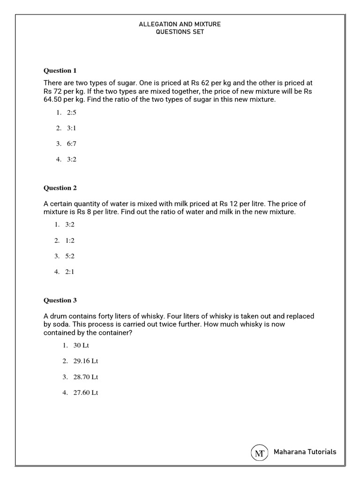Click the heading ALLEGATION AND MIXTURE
[180, 24]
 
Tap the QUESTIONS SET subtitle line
[180, 32]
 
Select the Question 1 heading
[60, 71]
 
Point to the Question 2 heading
[60, 188]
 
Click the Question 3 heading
[60, 300]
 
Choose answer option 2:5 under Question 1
[71, 112]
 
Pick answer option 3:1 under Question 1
[71, 128]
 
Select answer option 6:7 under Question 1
[71, 143]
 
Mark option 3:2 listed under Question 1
[71, 159]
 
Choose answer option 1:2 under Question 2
[70, 240]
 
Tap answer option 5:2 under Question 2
[70, 256]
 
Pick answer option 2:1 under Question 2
[70, 272]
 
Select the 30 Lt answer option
[81, 345]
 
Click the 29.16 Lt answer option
[85, 361]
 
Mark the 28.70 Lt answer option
[85, 377]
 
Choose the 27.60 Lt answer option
[85, 393]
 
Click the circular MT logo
[259, 452]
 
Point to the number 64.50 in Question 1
[53, 100]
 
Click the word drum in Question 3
[59, 316]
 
